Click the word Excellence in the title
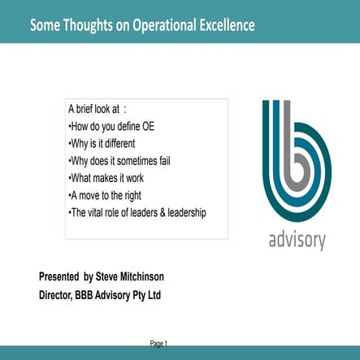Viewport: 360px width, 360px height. point(224,24)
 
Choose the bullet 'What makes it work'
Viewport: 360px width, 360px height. point(108,177)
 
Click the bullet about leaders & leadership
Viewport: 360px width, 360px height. point(137,213)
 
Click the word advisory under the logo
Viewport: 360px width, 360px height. point(297,241)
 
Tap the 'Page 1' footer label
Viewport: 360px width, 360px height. point(158,345)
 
